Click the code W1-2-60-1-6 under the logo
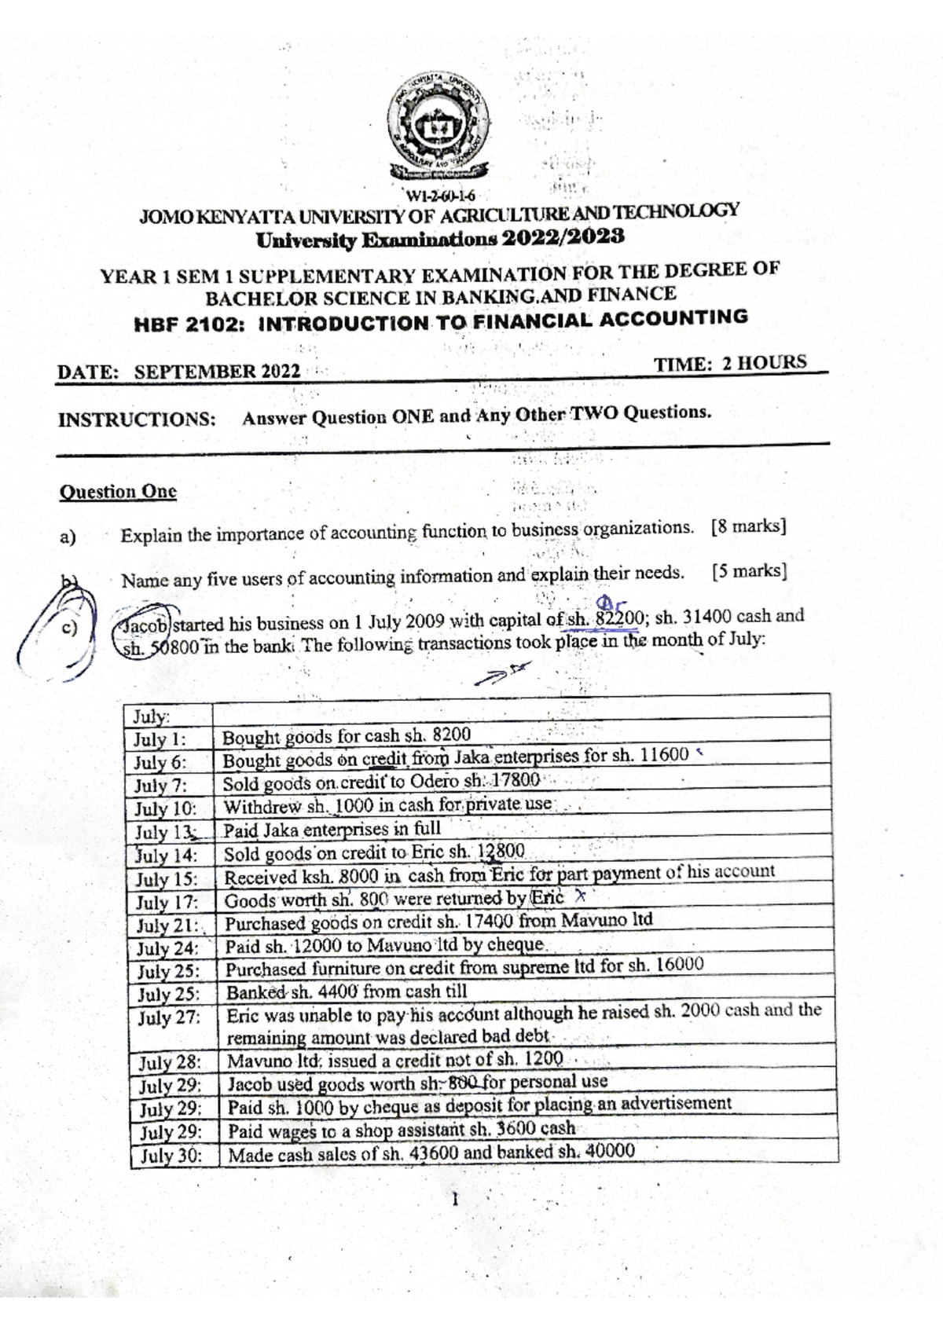coord(441,196)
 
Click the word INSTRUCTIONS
coord(137,420)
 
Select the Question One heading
coord(118,493)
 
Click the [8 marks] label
coord(747,527)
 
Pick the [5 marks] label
coord(749,571)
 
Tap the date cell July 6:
coord(160,762)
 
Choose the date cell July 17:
coord(166,903)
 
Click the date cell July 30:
coord(171,1156)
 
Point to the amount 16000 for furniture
coord(678,965)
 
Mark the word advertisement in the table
coord(676,1104)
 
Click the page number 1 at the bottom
coord(455,1200)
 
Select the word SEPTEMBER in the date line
coord(196,372)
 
